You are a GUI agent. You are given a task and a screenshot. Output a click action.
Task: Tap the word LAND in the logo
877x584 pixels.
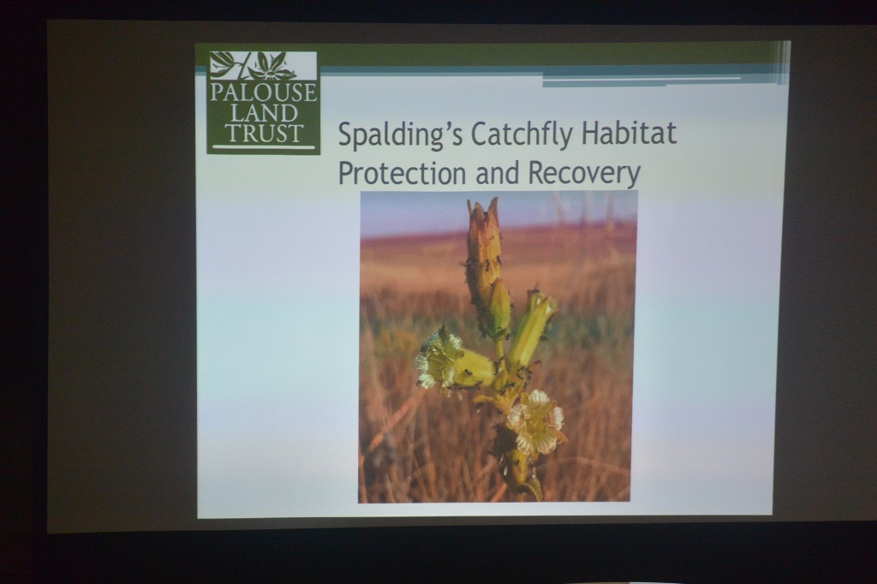[264, 114]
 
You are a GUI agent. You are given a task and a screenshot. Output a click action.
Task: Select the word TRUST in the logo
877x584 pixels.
[264, 133]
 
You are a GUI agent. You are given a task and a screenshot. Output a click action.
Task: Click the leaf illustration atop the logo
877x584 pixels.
[264, 66]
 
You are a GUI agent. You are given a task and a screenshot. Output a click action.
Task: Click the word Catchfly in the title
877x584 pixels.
[522, 134]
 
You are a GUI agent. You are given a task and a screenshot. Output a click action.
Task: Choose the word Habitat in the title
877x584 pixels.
[629, 133]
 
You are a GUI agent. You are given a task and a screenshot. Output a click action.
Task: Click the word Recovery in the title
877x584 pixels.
[583, 174]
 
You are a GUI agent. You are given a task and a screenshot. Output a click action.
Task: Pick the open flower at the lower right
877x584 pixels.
[535, 421]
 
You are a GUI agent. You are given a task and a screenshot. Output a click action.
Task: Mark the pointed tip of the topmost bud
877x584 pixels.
[493, 198]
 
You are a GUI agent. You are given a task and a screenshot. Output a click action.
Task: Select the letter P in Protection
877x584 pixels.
[346, 173]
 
